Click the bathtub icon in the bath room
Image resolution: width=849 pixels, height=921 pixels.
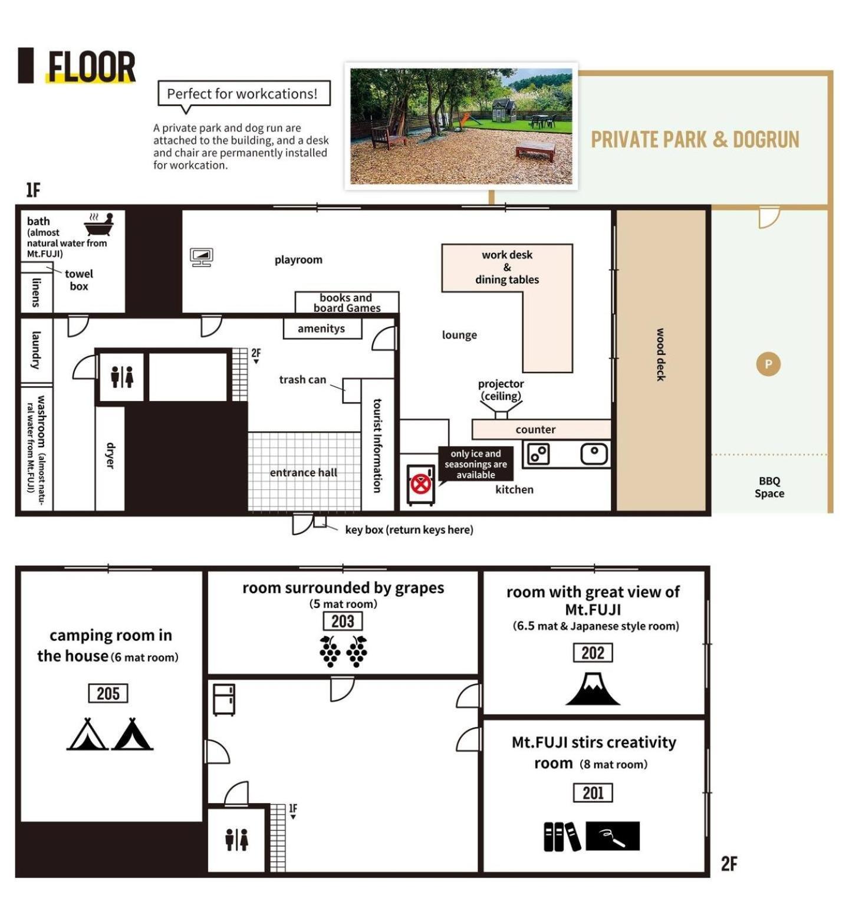[x=98, y=225]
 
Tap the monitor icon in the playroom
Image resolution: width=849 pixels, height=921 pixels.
[x=202, y=257]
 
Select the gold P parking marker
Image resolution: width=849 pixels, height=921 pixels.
[x=768, y=364]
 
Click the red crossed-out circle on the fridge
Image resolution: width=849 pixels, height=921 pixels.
[x=420, y=484]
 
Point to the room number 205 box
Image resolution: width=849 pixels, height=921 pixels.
[x=108, y=693]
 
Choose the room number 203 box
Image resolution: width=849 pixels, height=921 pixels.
[x=343, y=621]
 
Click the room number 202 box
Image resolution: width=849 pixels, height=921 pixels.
[x=593, y=653]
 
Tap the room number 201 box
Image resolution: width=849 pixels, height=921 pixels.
[x=593, y=793]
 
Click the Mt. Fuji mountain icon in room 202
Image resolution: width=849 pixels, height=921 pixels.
[x=593, y=689]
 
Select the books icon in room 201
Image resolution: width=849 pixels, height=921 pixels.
[x=562, y=837]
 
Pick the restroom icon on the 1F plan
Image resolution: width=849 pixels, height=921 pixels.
[x=122, y=377]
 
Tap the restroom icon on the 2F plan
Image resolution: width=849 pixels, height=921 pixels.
[x=236, y=840]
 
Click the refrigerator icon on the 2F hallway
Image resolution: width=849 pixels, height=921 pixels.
[x=224, y=700]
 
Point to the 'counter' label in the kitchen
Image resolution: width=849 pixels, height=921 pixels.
[x=535, y=430]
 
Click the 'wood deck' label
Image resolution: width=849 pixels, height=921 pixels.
[x=661, y=355]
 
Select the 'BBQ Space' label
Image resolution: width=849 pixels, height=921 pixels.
[x=769, y=488]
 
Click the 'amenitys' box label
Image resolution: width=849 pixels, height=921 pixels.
[x=321, y=328]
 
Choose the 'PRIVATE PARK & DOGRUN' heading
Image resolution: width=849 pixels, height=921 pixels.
[x=695, y=140]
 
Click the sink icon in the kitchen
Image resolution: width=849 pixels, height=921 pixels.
[x=594, y=454]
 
